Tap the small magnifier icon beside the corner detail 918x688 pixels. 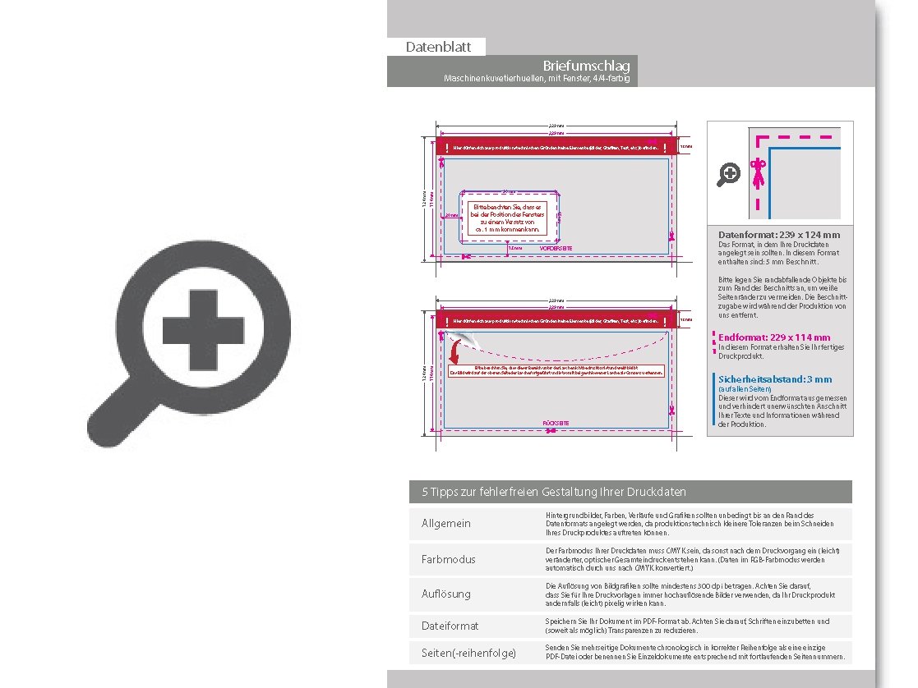click(728, 174)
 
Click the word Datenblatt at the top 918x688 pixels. click(436, 48)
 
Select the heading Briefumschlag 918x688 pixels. click(587, 66)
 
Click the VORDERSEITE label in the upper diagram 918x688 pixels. click(556, 247)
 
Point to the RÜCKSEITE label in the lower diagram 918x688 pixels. click(556, 423)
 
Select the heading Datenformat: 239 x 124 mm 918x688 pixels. click(779, 235)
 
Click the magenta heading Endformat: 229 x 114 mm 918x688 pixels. click(774, 337)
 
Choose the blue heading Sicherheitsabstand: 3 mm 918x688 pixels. click(775, 379)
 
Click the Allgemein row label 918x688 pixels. click(446, 524)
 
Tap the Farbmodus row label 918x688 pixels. click(448, 559)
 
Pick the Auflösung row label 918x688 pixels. click(446, 593)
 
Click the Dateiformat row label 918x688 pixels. click(450, 626)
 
